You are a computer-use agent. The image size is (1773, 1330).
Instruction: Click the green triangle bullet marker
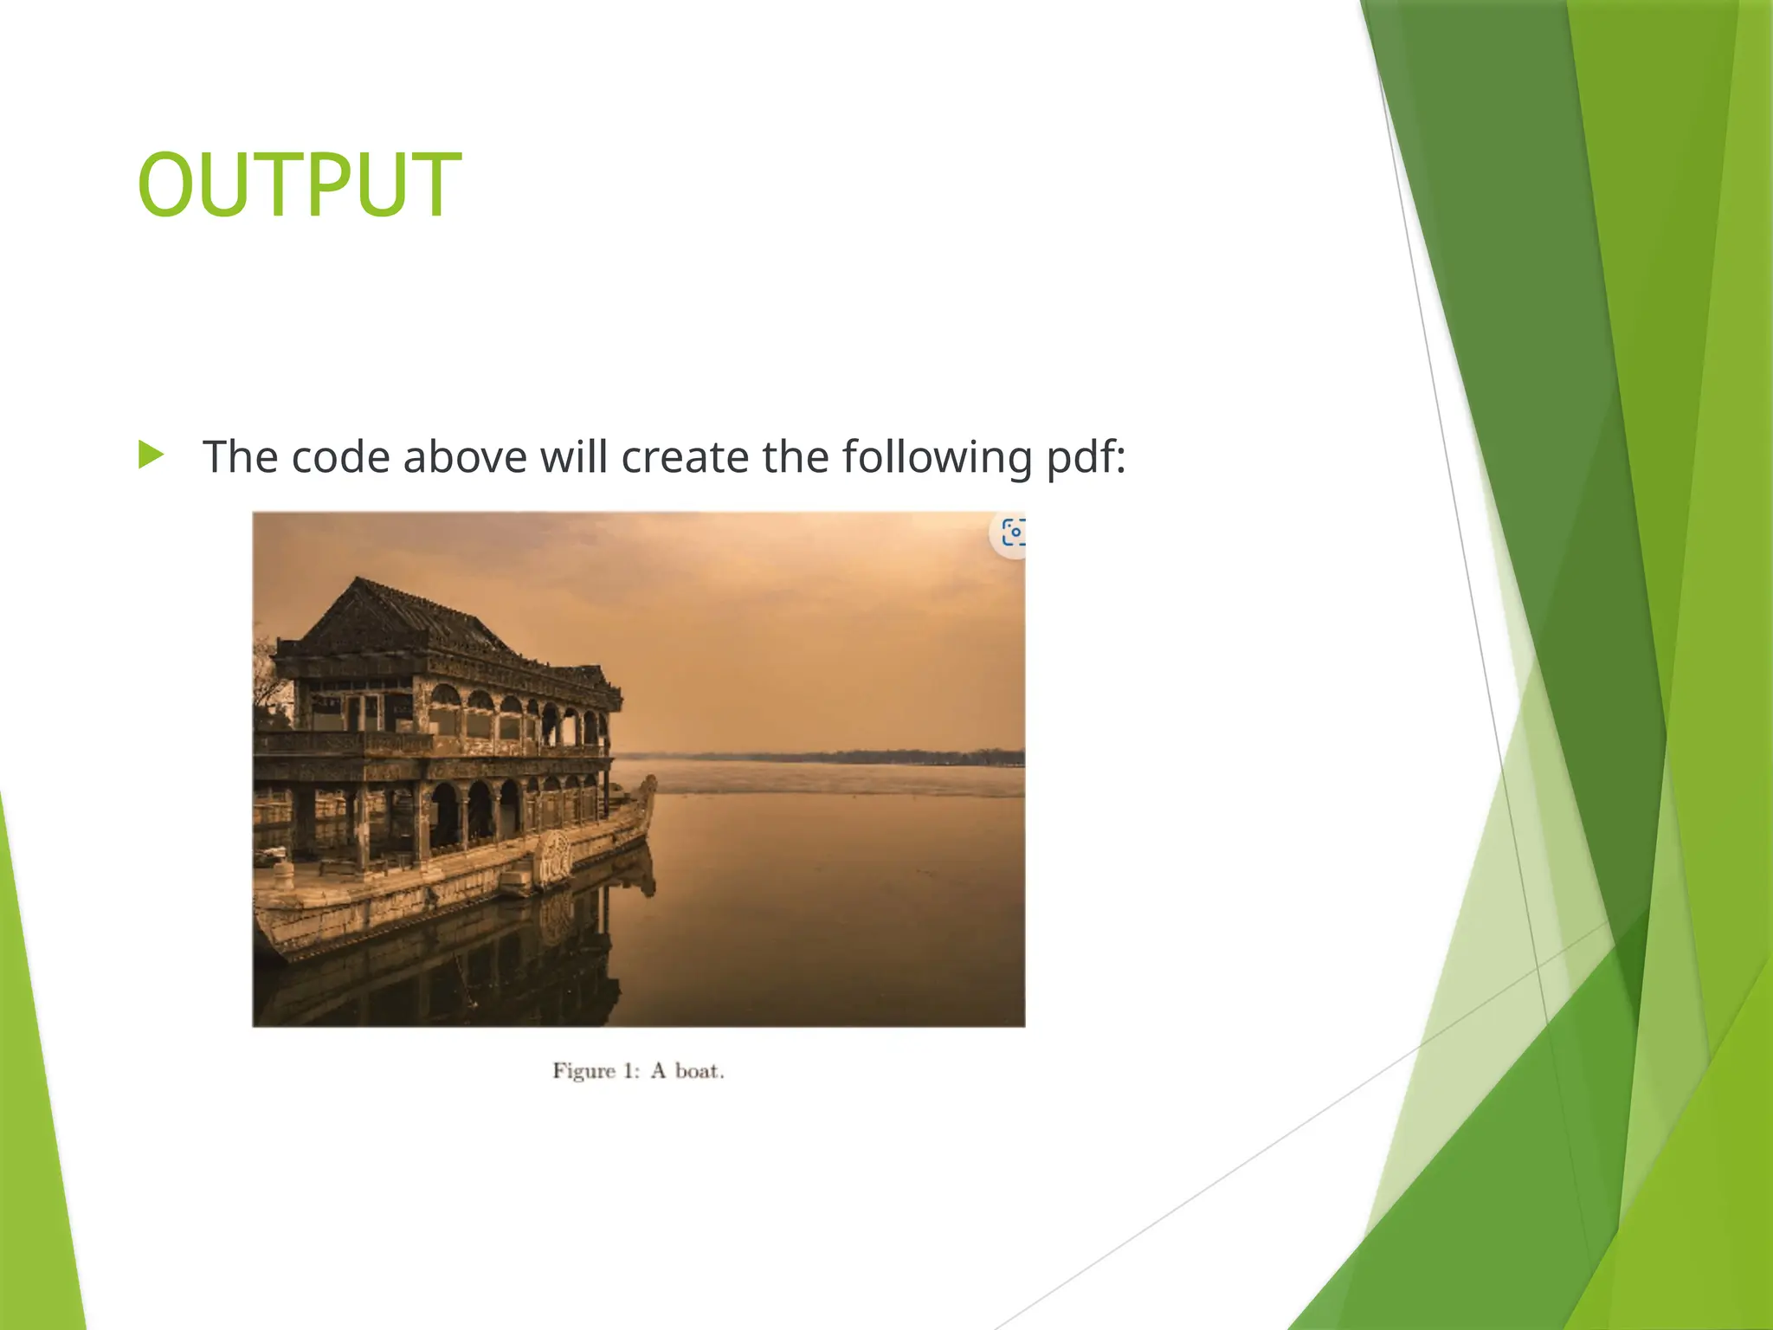[151, 455]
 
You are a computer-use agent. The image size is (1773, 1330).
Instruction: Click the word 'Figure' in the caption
[583, 1072]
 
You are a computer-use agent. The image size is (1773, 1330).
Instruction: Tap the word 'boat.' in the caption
[700, 1072]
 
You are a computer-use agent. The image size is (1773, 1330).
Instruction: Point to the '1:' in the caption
[630, 1072]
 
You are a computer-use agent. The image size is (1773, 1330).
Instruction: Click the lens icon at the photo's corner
[1011, 533]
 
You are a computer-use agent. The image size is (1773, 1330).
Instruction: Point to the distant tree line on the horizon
[866, 755]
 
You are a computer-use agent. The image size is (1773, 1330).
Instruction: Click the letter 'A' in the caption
[658, 1072]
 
